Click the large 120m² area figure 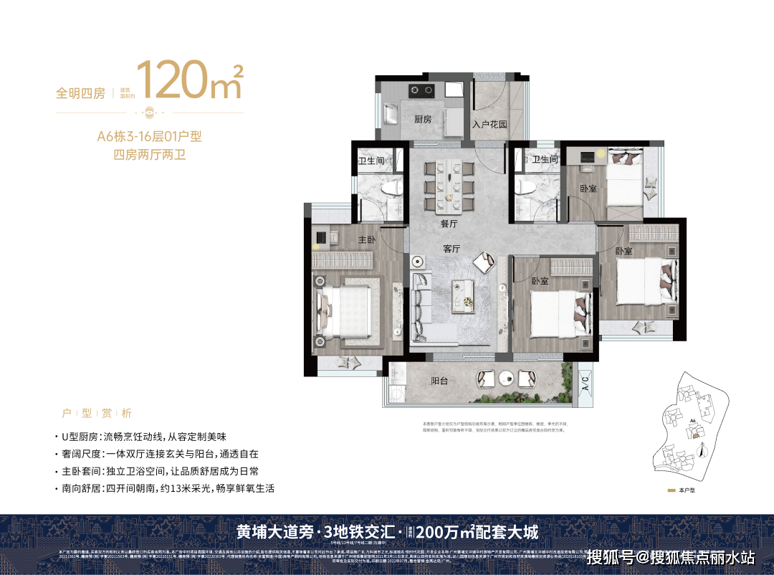click(x=188, y=80)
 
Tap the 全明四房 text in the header click(x=80, y=93)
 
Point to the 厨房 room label click(x=423, y=120)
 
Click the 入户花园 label click(x=489, y=124)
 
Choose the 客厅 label click(x=451, y=249)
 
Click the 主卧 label click(x=368, y=240)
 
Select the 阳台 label click(x=439, y=381)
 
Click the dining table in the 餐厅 click(x=449, y=186)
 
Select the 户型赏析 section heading click(x=97, y=414)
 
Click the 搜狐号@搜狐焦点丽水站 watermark click(x=670, y=556)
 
